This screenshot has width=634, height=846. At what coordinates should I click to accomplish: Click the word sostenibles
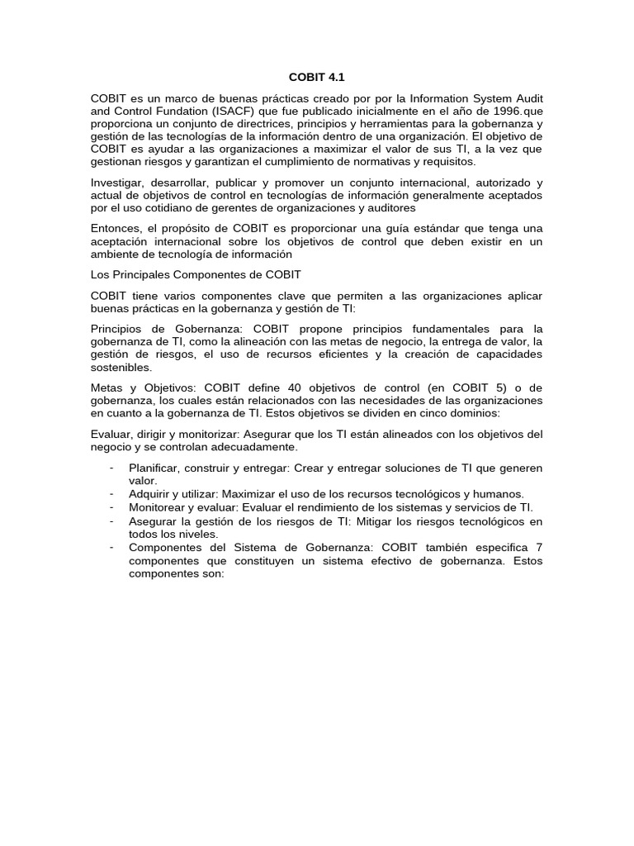[x=121, y=367]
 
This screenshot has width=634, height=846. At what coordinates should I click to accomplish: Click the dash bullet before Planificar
[x=111, y=468]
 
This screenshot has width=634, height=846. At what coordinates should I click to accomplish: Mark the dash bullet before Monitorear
[x=111, y=506]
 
